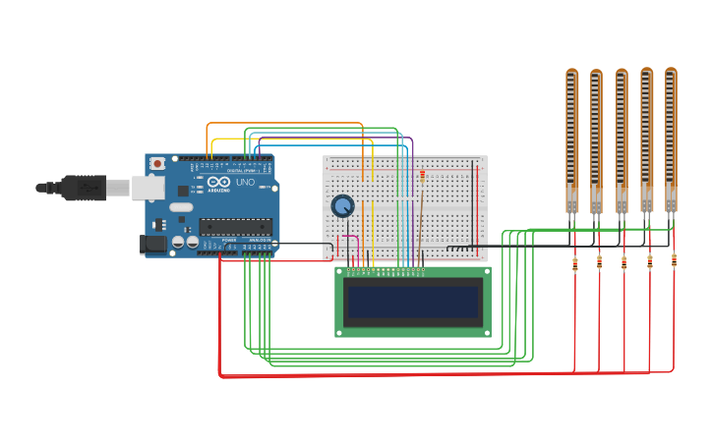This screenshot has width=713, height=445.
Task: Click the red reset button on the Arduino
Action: pyautogui.click(x=156, y=164)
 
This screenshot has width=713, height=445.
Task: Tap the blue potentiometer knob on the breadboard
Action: pyautogui.click(x=342, y=206)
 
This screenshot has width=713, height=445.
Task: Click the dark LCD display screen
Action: pyautogui.click(x=412, y=302)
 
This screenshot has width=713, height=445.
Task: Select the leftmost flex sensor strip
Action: pyautogui.click(x=572, y=138)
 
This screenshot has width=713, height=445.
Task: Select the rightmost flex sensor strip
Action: pyautogui.click(x=671, y=138)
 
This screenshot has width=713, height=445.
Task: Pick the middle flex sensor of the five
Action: pyautogui.click(x=622, y=138)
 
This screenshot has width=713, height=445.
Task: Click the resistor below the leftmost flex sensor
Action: pyautogui.click(x=575, y=262)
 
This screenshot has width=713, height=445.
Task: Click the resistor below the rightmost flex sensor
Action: pyautogui.click(x=674, y=259)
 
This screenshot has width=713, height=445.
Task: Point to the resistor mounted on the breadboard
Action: pyautogui.click(x=423, y=176)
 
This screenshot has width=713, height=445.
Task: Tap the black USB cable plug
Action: pyautogui.click(x=84, y=186)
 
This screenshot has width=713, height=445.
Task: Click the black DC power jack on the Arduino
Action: pyautogui.click(x=153, y=243)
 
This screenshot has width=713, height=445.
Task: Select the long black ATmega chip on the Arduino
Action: pyautogui.click(x=235, y=227)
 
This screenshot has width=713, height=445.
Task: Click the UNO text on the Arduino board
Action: pyautogui.click(x=244, y=183)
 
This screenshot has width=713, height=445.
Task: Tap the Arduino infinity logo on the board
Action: pyautogui.click(x=218, y=183)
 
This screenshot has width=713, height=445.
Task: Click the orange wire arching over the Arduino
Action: pyautogui.click(x=285, y=124)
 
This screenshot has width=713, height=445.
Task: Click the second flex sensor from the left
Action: pyautogui.click(x=596, y=138)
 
